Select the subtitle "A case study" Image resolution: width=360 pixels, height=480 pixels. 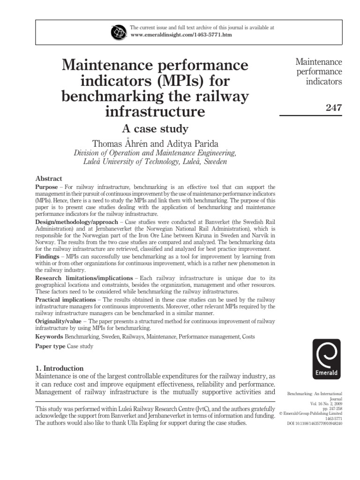click(155, 128)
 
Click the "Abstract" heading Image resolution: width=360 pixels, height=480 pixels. click(49, 179)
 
